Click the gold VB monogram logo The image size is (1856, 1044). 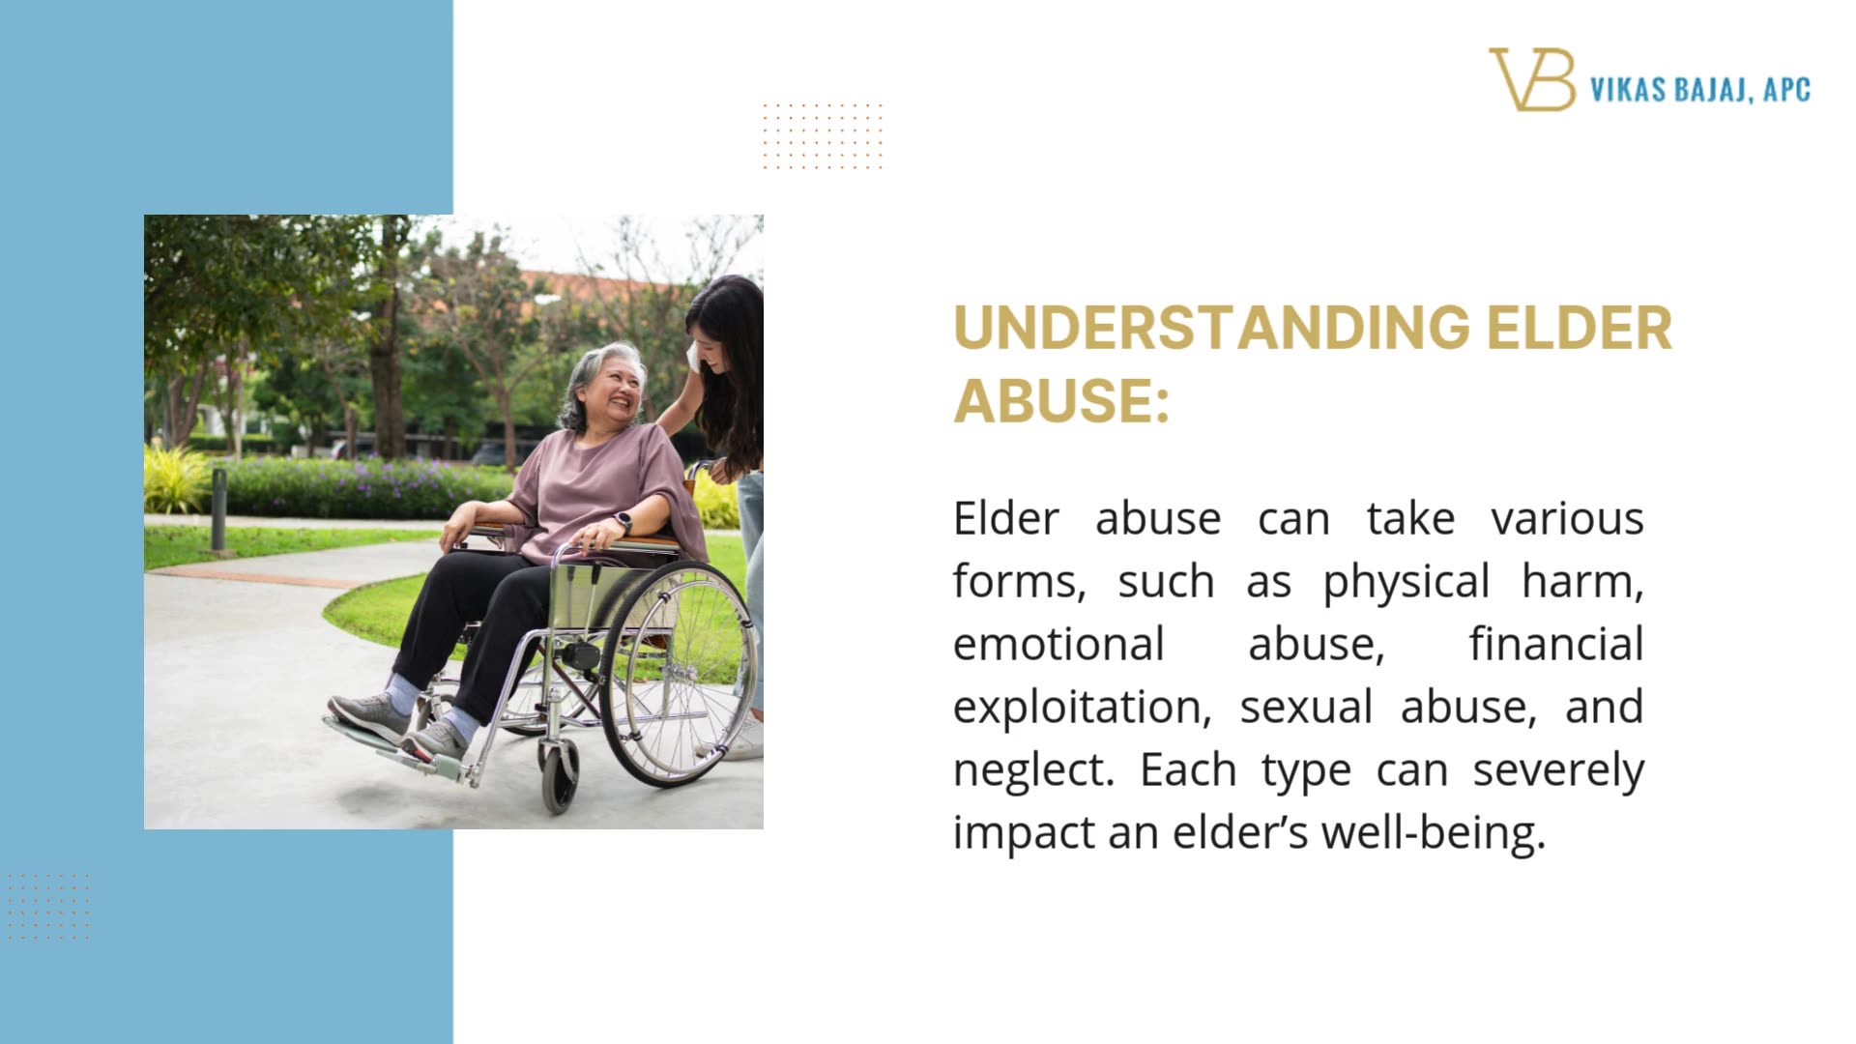1531,79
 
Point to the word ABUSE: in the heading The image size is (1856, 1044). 1061,400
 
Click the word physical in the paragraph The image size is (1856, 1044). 1406,582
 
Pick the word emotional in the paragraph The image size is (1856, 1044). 1058,645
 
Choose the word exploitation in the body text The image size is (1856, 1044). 1082,708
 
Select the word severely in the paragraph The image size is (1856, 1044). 1558,770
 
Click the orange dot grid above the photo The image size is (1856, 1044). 823,135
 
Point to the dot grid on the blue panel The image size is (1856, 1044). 47,906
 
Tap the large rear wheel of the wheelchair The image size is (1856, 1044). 677,672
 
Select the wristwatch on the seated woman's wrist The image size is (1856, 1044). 623,523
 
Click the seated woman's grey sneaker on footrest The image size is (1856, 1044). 372,715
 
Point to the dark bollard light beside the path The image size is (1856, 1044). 218,508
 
